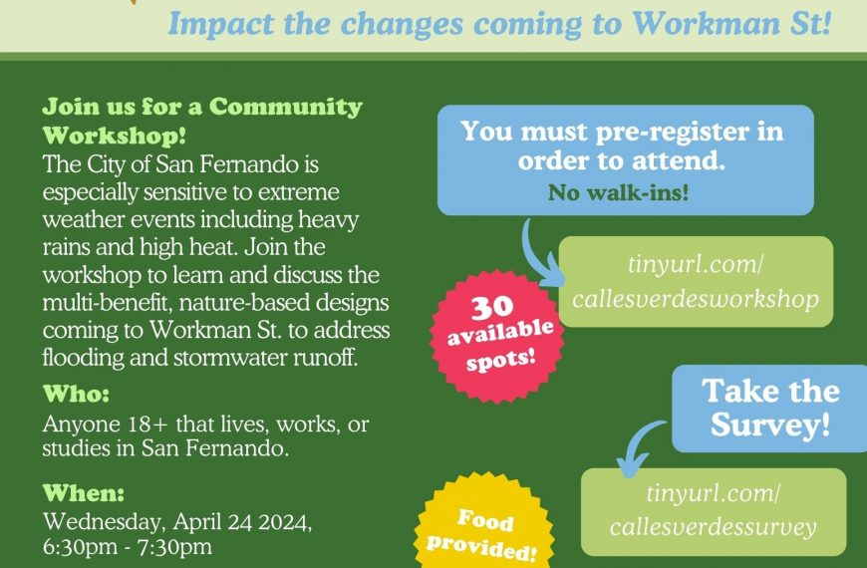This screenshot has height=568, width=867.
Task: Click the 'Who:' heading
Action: (77, 394)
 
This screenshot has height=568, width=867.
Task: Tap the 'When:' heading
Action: (84, 493)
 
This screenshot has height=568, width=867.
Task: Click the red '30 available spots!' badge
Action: (496, 336)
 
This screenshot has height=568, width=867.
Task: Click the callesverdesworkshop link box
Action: (696, 282)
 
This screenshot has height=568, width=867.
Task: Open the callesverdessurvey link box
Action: (714, 511)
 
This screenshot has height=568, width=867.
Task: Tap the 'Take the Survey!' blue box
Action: (769, 409)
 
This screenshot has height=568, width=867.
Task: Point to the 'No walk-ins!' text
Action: (618, 192)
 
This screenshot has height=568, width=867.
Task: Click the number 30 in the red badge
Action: (492, 307)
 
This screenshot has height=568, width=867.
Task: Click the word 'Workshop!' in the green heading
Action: (114, 136)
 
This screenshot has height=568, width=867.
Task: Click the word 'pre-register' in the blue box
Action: (667, 133)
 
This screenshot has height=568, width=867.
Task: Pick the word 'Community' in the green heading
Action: (286, 108)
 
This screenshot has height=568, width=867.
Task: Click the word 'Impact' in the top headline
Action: (220, 24)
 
